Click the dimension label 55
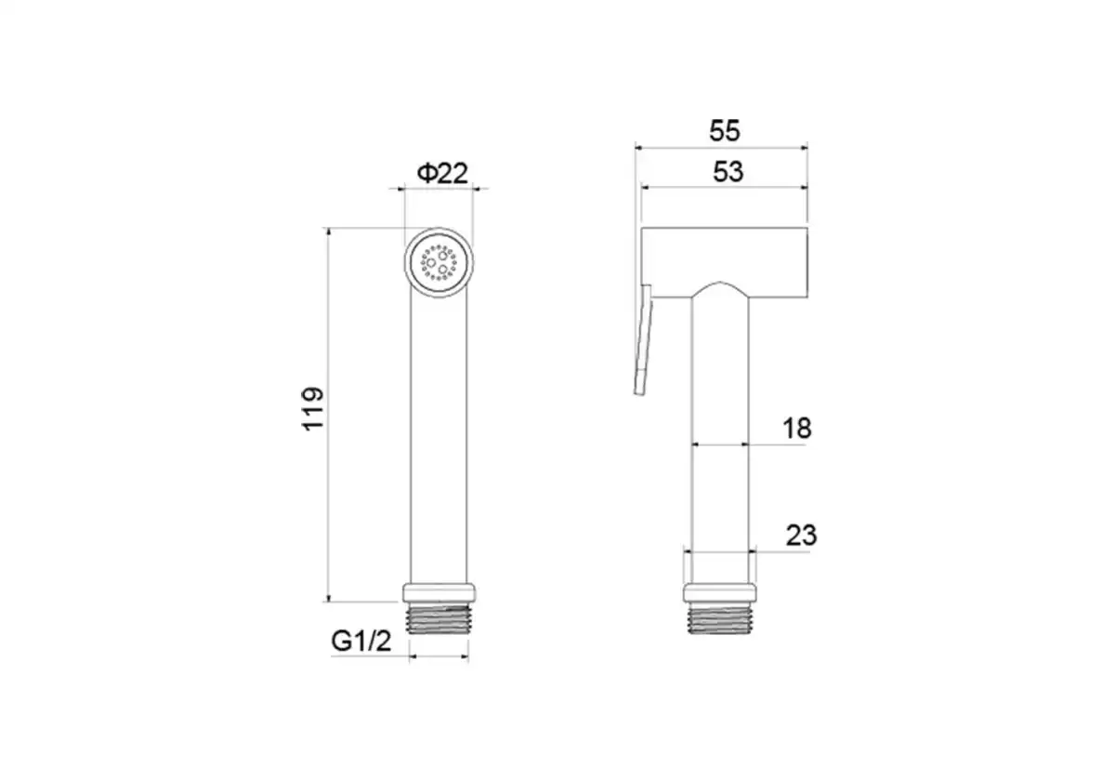(x=724, y=131)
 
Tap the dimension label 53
(x=728, y=172)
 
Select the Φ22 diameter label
(x=442, y=173)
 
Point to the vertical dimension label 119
(x=313, y=408)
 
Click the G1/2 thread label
(x=361, y=641)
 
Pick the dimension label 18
(x=797, y=428)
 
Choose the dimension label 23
(x=801, y=535)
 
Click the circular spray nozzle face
(x=439, y=262)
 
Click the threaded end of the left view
(x=439, y=618)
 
